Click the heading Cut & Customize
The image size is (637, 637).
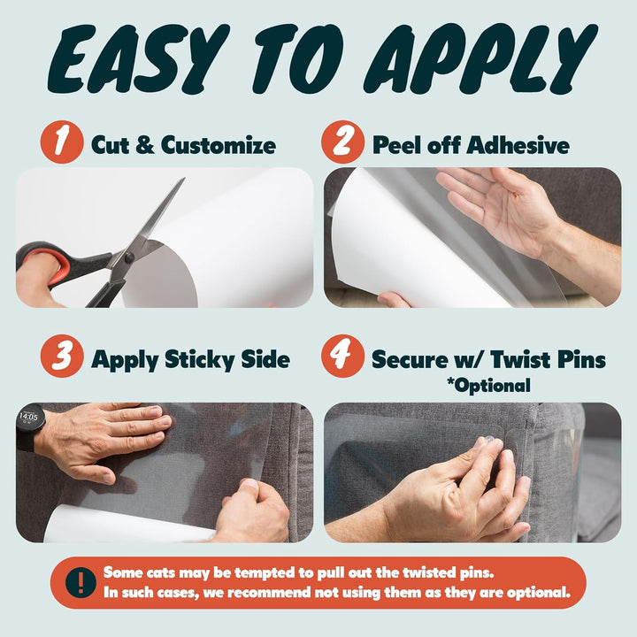point(183,144)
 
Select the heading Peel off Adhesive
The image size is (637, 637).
point(471,144)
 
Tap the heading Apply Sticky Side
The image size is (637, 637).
point(190,359)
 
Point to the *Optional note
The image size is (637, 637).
point(489,385)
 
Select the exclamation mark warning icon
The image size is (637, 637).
point(82,581)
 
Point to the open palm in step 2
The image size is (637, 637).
point(500,208)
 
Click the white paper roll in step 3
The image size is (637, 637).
point(124,526)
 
